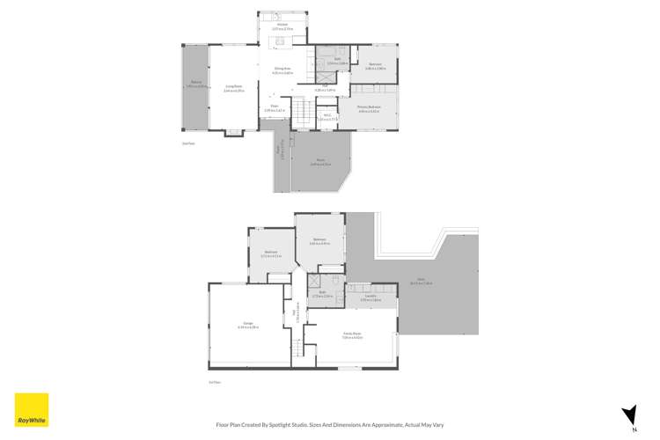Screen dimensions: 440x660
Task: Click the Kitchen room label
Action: [x=282, y=27]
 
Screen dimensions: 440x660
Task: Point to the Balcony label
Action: [x=195, y=85]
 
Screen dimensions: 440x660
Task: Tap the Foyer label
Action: [x=273, y=109]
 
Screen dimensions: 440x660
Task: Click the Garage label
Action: [x=247, y=326]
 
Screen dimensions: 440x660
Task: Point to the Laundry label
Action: [x=370, y=297]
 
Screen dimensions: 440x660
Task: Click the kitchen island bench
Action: [x=282, y=41]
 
